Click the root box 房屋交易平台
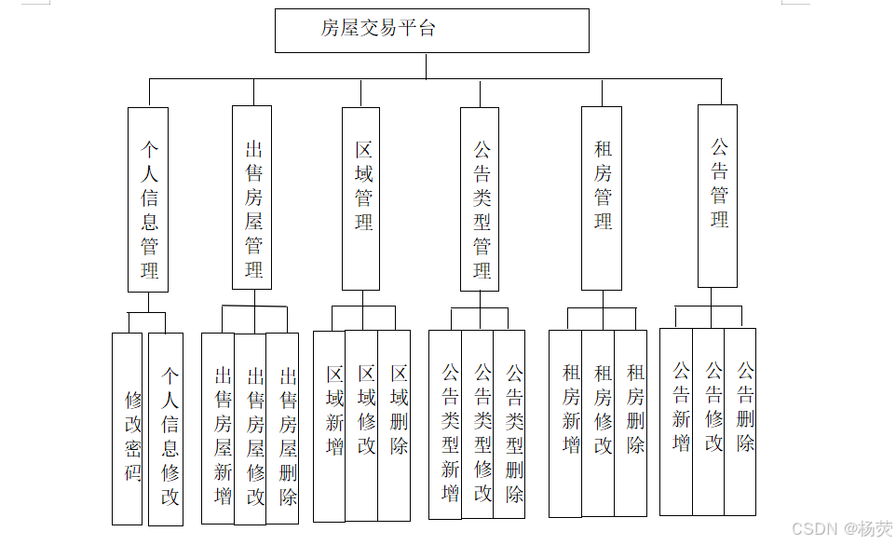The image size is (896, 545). coord(431,30)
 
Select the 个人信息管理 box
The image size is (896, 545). coord(148,199)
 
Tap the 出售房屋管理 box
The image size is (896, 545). coord(252,198)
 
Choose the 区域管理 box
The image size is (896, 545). coord(361,198)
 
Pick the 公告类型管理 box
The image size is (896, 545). coord(480,199)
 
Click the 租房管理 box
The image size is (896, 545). coord(602,198)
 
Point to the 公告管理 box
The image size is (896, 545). coord(717,196)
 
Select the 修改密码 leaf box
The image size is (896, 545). coord(128,429)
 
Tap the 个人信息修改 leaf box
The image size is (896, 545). coord(167,429)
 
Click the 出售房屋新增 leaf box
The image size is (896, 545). coord(218,428)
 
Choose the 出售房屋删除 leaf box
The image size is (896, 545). coord(283,428)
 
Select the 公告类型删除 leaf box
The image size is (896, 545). coord(509,424)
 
